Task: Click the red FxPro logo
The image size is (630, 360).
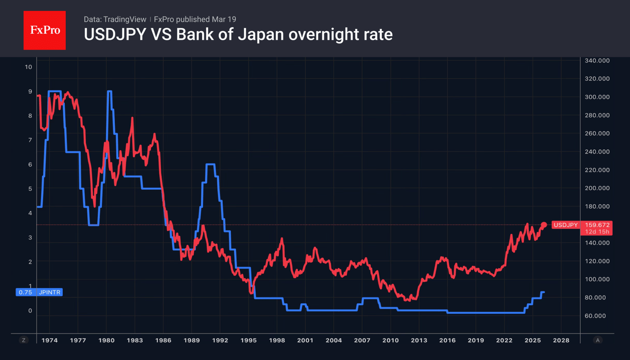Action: tap(44, 31)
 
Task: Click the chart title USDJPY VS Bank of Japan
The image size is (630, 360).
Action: tap(238, 35)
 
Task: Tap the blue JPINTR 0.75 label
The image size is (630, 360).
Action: tap(39, 292)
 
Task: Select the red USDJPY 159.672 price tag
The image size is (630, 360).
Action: tap(581, 225)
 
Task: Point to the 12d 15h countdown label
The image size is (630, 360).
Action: tap(594, 232)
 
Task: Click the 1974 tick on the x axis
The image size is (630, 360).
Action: tap(49, 340)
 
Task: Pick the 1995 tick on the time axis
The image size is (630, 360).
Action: tap(248, 340)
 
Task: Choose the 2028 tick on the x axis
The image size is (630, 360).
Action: tap(561, 340)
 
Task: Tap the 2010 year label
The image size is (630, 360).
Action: tap(390, 340)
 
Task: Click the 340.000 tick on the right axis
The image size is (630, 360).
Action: tap(597, 61)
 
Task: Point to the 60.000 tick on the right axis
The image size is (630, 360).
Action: tap(597, 316)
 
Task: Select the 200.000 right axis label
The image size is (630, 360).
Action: tap(597, 188)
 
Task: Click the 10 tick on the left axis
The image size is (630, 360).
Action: tap(28, 67)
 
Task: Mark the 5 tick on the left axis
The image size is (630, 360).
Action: tap(30, 189)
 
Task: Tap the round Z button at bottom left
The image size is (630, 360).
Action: tap(24, 340)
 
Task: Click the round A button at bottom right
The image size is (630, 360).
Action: tap(597, 340)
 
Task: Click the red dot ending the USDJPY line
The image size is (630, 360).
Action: tap(544, 225)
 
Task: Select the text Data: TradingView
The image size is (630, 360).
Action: tap(115, 19)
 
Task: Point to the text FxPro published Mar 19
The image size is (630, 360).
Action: tap(195, 19)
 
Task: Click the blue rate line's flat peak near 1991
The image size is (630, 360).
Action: tap(210, 164)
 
